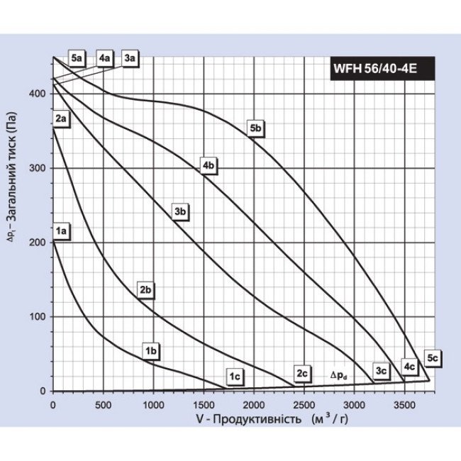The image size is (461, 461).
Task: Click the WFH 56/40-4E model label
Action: point(378,70)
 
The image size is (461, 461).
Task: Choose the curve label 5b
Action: point(256,128)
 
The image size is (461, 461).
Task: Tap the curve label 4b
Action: point(208,165)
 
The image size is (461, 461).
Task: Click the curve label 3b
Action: point(180,211)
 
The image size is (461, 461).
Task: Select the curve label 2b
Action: point(146,289)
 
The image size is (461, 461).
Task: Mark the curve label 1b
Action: point(150,350)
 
